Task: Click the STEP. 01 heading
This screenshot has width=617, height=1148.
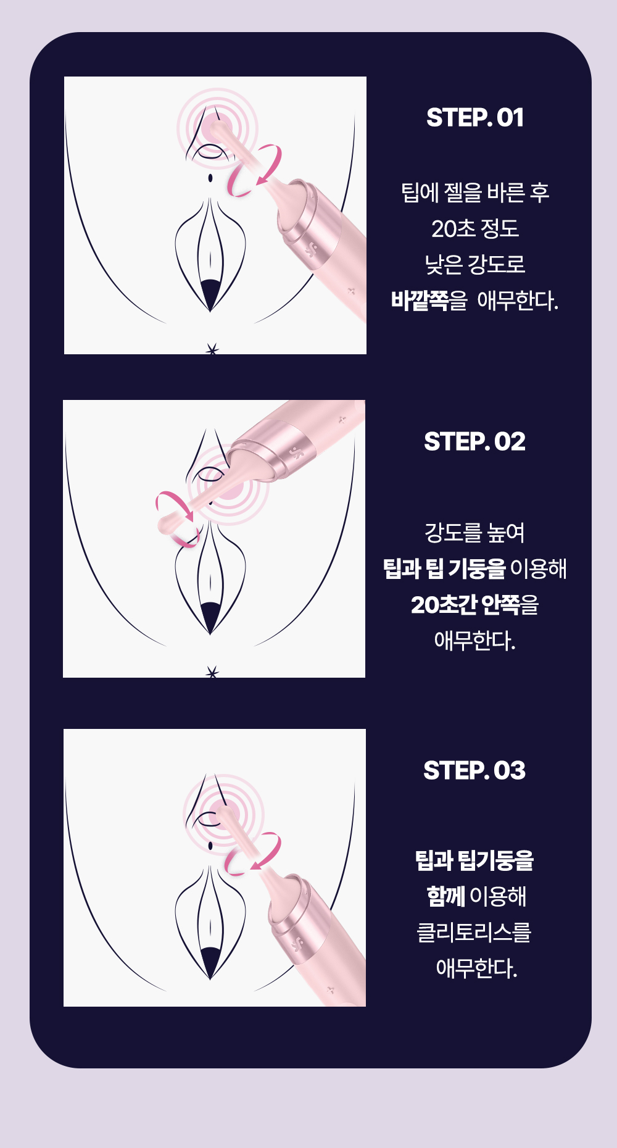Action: pos(475,117)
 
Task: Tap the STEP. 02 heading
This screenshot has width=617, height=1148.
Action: pos(475,441)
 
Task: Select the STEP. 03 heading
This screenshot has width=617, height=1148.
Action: pos(474,770)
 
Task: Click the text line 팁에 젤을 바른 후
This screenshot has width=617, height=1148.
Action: pos(475,193)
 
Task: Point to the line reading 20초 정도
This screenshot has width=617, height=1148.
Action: pos(475,228)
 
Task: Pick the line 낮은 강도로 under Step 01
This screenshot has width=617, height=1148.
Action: pos(475,264)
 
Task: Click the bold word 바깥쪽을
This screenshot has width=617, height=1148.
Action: pos(429,301)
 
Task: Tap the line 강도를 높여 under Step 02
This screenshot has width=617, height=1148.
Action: pos(474,533)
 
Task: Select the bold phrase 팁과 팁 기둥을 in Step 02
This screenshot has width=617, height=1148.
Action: pos(444,568)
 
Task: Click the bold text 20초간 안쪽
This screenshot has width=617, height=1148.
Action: pos(465,605)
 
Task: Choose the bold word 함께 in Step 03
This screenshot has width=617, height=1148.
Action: pos(445,896)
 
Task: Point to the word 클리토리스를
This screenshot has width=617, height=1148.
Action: pos(474,932)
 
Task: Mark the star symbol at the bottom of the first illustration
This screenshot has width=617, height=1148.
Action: pos(212,349)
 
